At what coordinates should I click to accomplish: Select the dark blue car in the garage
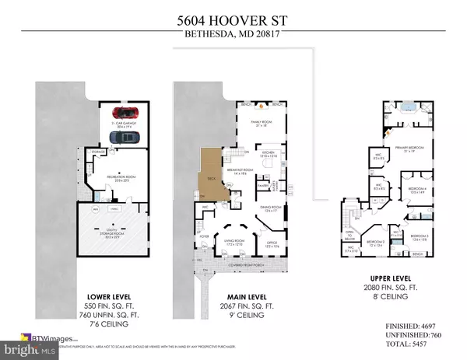click(125, 137)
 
